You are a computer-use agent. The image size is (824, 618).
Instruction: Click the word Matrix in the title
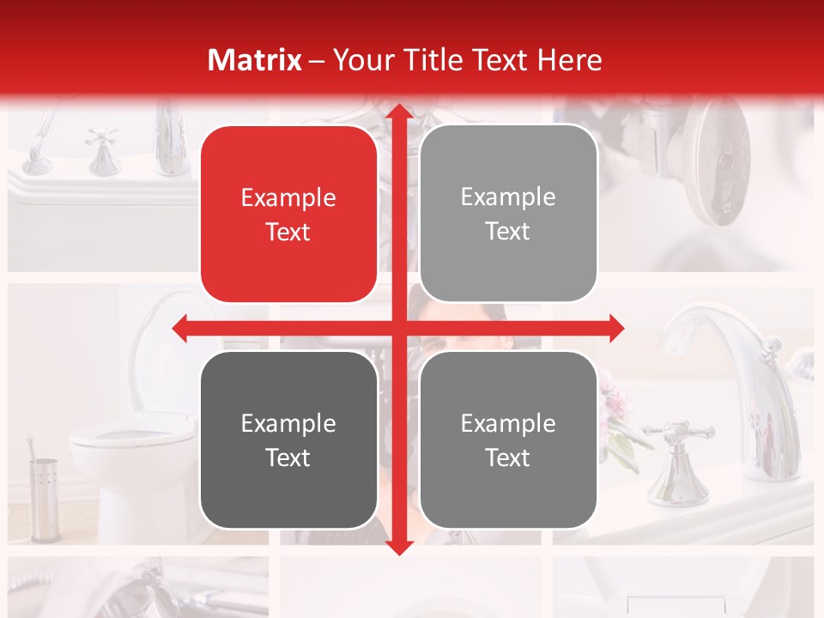point(254,60)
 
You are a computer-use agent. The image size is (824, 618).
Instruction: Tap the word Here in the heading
point(569,60)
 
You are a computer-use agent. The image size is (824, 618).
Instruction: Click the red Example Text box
point(288,215)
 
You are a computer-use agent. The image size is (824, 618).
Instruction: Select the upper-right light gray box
point(508,214)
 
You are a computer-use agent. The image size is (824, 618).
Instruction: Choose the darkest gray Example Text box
point(288,440)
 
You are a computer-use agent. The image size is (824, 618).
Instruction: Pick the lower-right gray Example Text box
point(508,440)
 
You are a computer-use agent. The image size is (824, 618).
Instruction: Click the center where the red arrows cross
point(398,328)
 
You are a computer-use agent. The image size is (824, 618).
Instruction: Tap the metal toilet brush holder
point(43,498)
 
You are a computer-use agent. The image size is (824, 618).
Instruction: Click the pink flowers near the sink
point(615,399)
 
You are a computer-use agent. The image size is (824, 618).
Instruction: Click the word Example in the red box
point(288,198)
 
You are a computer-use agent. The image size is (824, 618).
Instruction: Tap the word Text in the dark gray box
point(288,457)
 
